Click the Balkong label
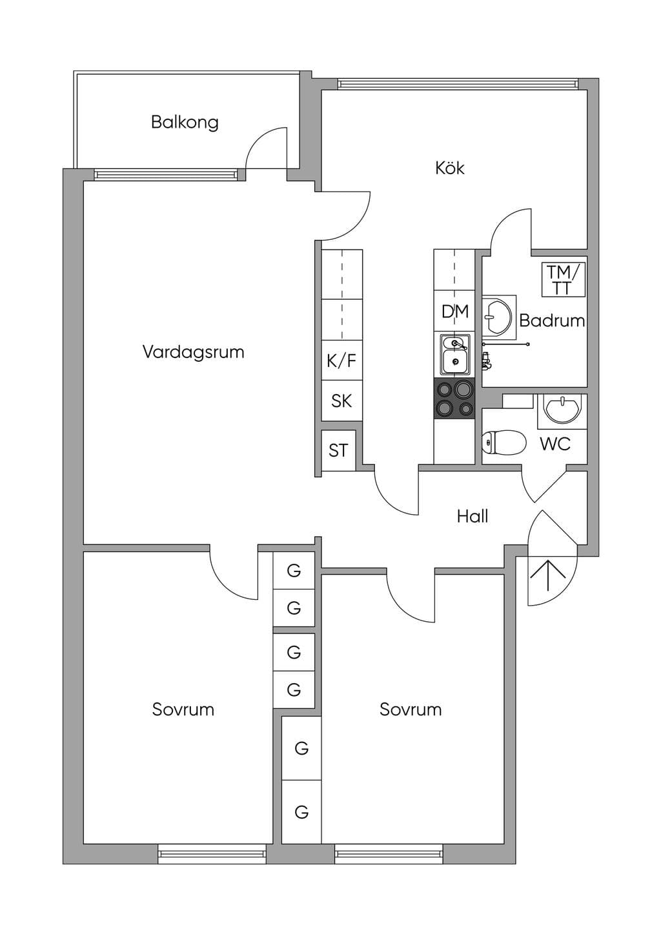point(185,123)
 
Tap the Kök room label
point(449,168)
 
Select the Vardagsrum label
point(193,352)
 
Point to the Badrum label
point(552,321)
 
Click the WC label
point(555,444)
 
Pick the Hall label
point(473,517)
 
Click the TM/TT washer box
point(564,279)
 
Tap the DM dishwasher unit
point(455,312)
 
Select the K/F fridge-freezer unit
point(341,361)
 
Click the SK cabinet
point(341,401)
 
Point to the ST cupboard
point(338,450)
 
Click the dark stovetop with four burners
point(454,398)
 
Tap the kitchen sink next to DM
point(455,354)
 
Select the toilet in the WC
point(503,442)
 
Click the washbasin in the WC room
point(562,409)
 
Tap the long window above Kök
point(458,84)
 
